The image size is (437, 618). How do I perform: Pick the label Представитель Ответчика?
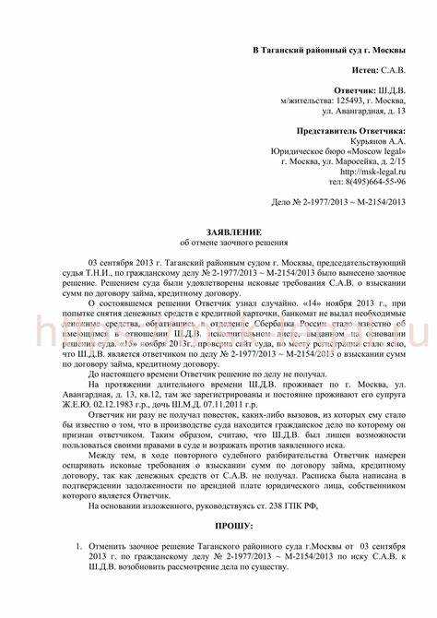click(x=354, y=131)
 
